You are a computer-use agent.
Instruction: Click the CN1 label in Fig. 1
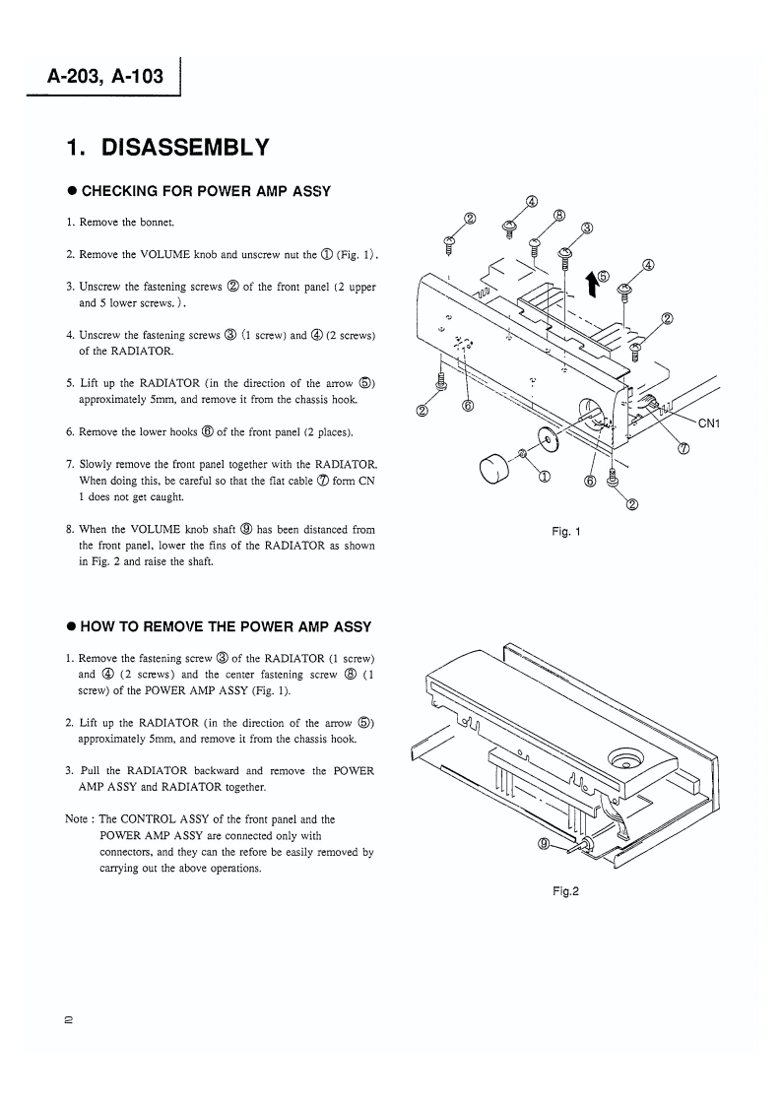coord(710,424)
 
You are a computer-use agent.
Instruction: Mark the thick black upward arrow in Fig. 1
coord(590,284)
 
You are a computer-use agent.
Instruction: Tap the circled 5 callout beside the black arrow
coord(603,277)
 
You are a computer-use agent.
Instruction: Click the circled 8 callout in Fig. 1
coord(558,215)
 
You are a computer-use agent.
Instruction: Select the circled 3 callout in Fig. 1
coord(587,227)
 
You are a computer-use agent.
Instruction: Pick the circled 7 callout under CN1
coord(683,448)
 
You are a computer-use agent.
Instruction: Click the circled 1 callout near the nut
coord(544,477)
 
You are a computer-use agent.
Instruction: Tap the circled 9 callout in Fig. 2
coord(544,843)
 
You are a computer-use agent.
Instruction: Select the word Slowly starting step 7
coord(97,464)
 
